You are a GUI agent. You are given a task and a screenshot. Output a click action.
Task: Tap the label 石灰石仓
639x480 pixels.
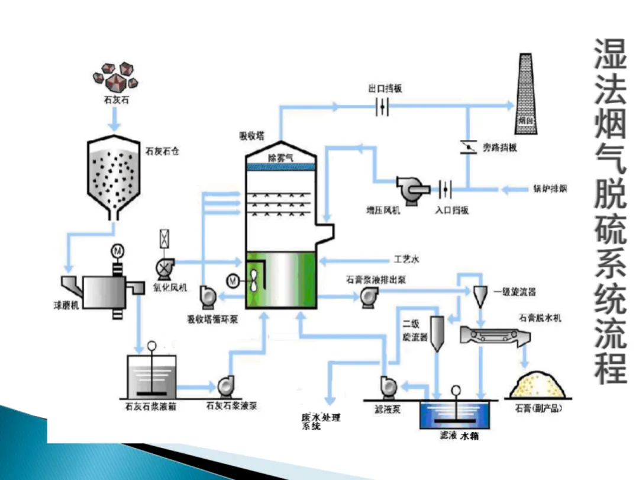pyautogui.click(x=162, y=151)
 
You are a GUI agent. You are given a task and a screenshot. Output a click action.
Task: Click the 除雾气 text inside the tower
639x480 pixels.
pyautogui.click(x=280, y=158)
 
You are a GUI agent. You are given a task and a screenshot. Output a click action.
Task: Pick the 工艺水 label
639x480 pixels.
pyautogui.click(x=406, y=260)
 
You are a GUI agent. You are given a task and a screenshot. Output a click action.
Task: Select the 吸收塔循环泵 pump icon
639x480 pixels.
pyautogui.click(x=208, y=296)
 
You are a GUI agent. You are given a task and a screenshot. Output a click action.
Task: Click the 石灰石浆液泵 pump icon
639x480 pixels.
pyautogui.click(x=225, y=386)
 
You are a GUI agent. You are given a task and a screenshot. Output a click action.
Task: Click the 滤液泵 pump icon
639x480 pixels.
pyautogui.click(x=389, y=386)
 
